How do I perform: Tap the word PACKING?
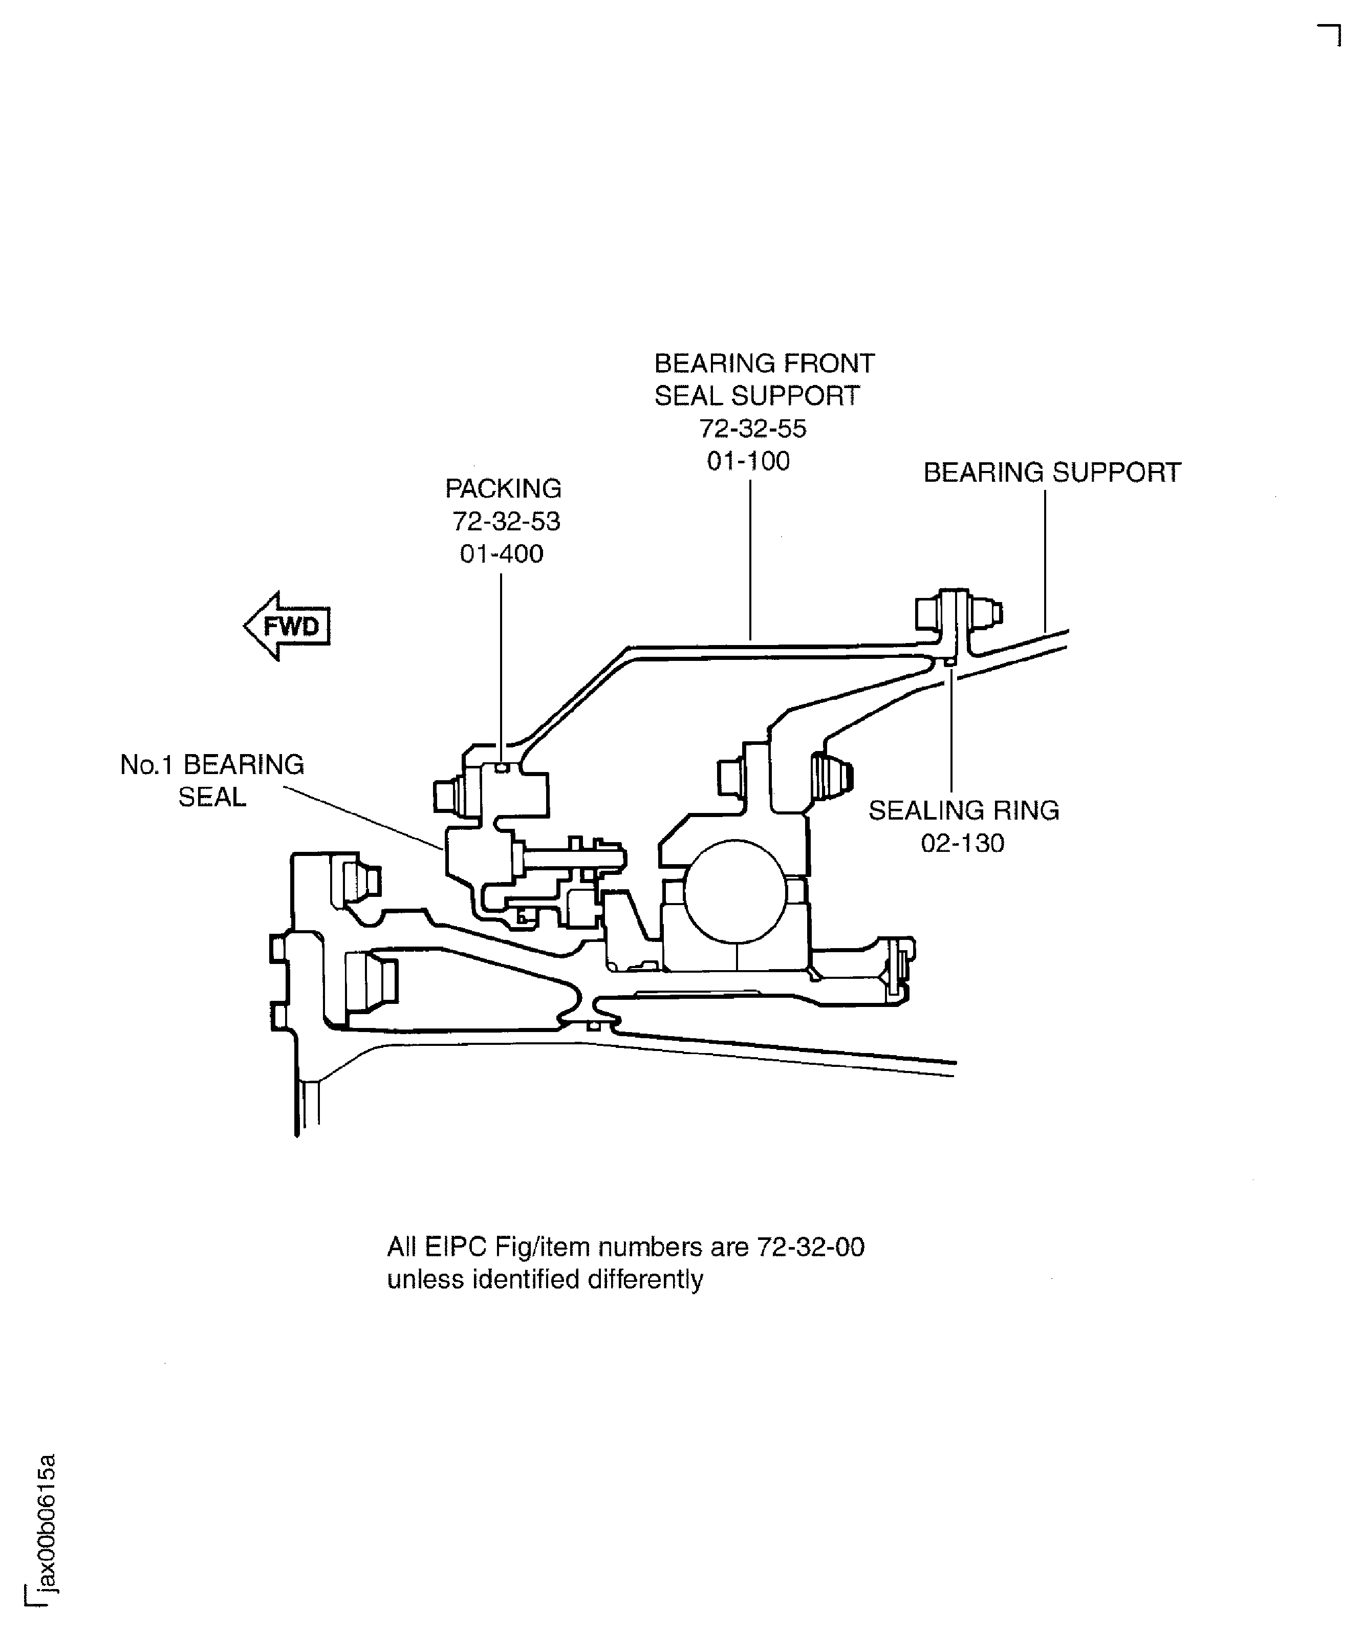pos(503,488)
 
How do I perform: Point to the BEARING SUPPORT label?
pos(1052,472)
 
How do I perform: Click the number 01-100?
pos(748,461)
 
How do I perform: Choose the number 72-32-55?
pos(753,428)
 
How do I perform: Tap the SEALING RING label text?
pos(963,810)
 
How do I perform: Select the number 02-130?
pos(962,843)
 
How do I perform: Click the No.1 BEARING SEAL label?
pos(212,781)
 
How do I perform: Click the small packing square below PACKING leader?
pos(502,768)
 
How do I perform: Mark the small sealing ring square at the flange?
pos(949,661)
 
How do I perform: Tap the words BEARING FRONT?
pos(764,363)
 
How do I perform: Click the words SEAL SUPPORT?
pos(757,396)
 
